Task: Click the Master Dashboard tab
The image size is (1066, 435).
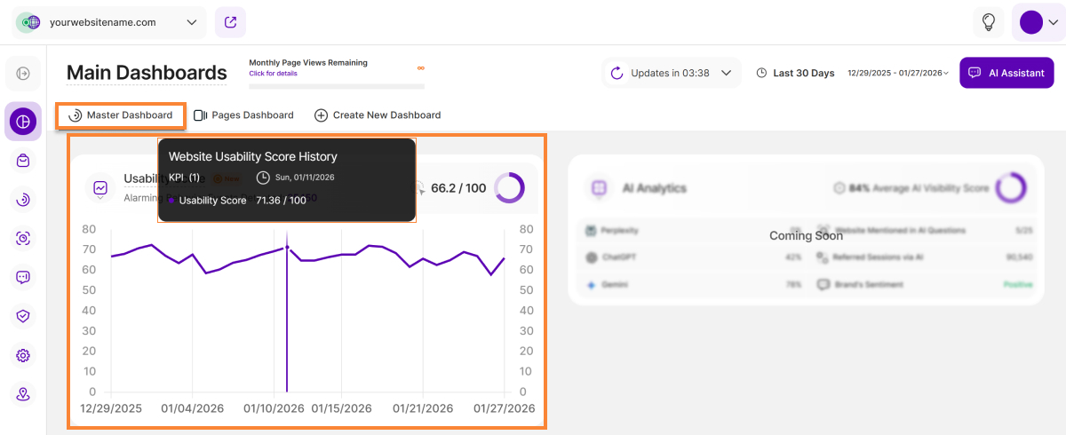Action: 121,115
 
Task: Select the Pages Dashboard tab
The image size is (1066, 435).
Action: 243,115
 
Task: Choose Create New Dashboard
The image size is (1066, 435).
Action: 378,115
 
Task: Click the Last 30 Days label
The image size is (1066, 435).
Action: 803,73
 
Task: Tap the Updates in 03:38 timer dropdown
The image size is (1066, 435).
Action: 672,73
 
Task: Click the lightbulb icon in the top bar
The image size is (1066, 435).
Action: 988,22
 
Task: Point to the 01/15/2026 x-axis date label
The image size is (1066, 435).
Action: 341,408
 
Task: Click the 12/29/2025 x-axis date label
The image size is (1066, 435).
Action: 111,408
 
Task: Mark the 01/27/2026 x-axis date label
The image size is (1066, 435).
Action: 504,408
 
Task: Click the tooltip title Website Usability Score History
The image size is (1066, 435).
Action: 253,156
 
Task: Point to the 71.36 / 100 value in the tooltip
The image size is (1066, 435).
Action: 281,201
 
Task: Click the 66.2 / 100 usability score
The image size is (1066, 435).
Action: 458,188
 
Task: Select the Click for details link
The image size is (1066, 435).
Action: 273,74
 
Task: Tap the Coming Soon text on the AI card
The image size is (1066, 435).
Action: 806,236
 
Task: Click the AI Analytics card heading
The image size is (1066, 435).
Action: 654,188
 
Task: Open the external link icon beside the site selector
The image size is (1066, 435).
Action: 230,22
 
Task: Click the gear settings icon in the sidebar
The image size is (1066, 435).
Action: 23,355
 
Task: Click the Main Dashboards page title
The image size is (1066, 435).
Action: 147,73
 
